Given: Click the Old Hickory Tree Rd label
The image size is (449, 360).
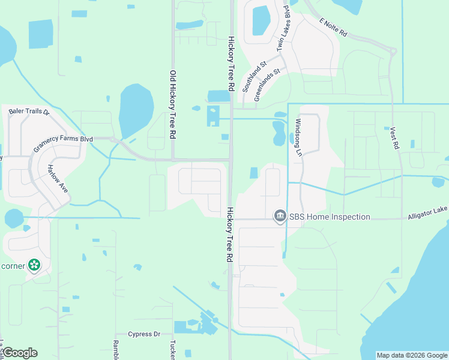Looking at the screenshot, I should pos(173,106).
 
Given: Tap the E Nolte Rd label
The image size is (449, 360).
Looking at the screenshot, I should pos(334,28).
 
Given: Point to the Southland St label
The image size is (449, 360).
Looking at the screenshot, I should pos(254,77).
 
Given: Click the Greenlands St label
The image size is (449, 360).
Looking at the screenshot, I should pos(268,85).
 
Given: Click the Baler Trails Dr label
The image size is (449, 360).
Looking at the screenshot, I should pos(28,112).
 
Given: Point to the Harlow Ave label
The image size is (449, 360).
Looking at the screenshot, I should pos(58,179).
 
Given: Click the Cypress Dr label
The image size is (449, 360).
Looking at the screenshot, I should pos(145,334).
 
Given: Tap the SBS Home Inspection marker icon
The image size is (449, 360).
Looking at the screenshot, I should pos(279,216).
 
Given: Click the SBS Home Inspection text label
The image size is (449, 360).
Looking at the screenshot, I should pos(329,217).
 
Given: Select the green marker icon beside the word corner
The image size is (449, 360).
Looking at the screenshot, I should pos(34,265).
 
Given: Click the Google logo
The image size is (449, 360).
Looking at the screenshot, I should pos(20,353).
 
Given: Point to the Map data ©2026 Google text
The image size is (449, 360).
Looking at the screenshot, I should pos(412,355).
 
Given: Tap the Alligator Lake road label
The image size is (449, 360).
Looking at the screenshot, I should pos(428,215).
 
